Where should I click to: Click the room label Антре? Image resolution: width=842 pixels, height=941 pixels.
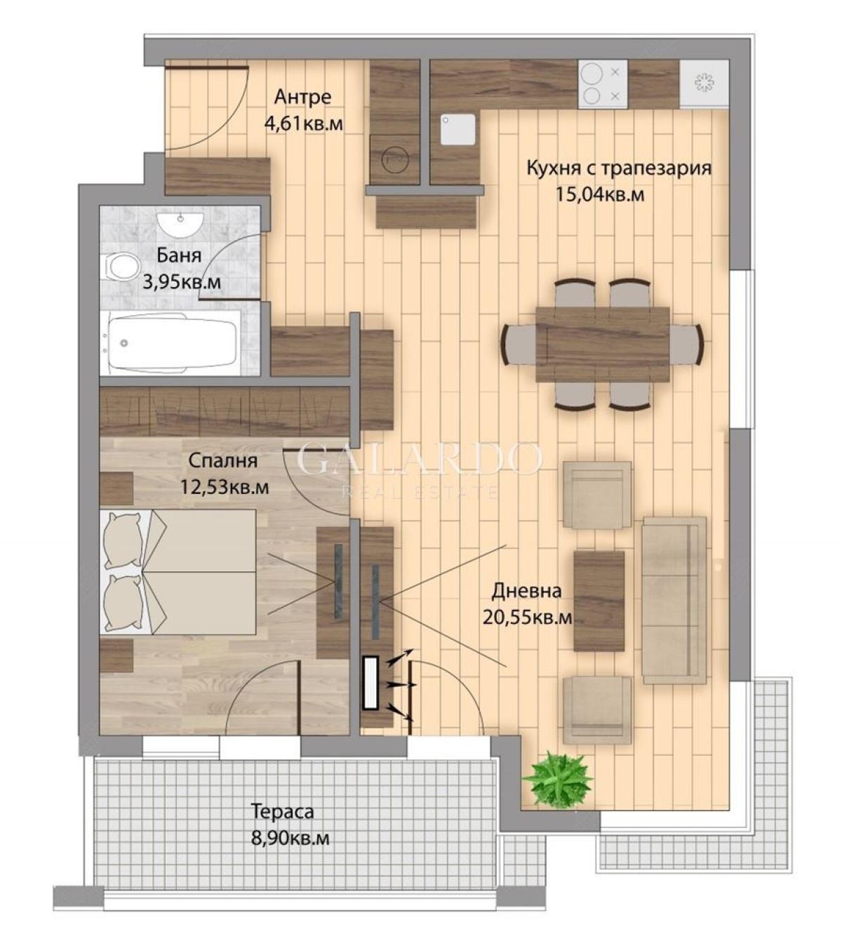pyautogui.click(x=303, y=98)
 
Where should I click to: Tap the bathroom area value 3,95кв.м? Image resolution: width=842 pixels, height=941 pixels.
pyautogui.click(x=182, y=281)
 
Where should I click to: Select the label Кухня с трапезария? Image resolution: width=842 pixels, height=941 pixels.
pyautogui.click(x=619, y=168)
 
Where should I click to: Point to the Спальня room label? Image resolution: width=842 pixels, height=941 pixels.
pyautogui.click(x=222, y=461)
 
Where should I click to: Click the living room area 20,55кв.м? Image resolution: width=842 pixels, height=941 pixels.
pyautogui.click(x=527, y=618)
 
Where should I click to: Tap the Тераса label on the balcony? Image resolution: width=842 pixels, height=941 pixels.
pyautogui.click(x=283, y=813)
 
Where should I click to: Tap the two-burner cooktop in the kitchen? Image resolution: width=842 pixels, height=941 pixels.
pyautogui.click(x=602, y=84)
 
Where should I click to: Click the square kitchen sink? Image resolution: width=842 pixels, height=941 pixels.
pyautogui.click(x=458, y=130)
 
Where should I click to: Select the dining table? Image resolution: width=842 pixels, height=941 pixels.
pyautogui.click(x=603, y=344)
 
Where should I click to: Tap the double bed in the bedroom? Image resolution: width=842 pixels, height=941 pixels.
pyautogui.click(x=179, y=572)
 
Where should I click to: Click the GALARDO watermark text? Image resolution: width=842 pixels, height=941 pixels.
pyautogui.click(x=420, y=460)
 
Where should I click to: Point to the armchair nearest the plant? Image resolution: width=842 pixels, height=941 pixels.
pyautogui.click(x=597, y=710)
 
